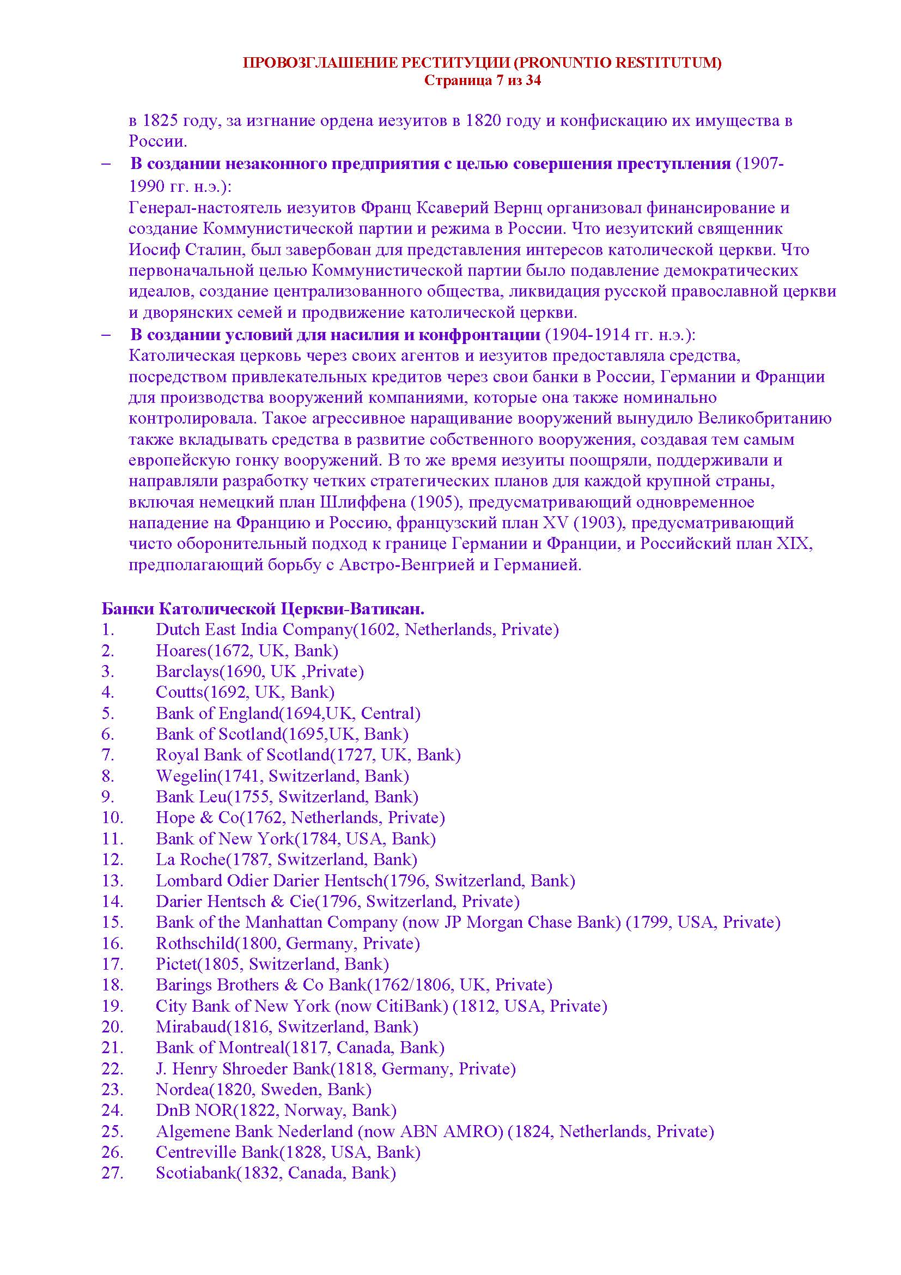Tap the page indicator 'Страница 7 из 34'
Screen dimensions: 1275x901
point(482,81)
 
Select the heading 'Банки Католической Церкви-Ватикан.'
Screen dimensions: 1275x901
point(263,609)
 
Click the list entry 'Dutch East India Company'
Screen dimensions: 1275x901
point(254,630)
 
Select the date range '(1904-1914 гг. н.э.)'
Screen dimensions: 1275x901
point(620,335)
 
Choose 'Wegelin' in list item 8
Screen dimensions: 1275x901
point(185,776)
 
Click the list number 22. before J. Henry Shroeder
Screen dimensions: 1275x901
point(112,1069)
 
